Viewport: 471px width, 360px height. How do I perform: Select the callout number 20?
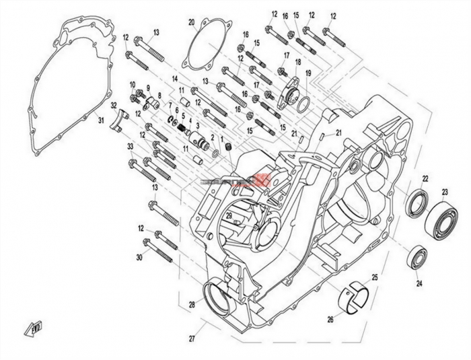click(192, 22)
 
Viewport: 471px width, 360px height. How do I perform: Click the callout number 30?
click(139, 258)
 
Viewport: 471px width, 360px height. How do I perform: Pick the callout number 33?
click(130, 146)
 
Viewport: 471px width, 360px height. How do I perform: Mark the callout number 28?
click(192, 305)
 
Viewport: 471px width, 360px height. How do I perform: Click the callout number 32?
click(114, 105)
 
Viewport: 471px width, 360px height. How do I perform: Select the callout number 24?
click(419, 283)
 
